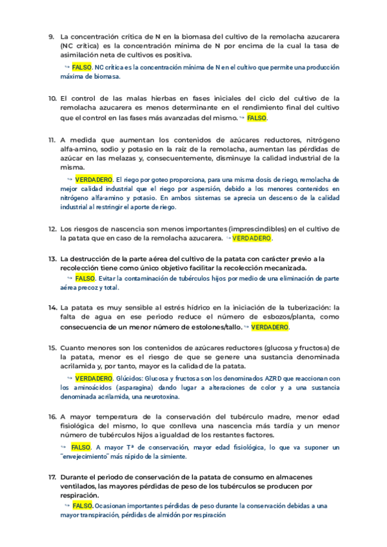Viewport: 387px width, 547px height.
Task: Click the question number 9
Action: [x=51, y=36]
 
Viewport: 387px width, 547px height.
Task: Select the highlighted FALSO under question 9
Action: [x=82, y=66]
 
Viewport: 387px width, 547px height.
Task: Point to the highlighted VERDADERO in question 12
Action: [x=252, y=238]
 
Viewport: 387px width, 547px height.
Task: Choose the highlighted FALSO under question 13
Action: [x=85, y=278]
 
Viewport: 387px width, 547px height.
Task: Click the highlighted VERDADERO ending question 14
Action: [x=270, y=327]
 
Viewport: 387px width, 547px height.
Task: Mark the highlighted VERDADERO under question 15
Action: [x=94, y=377]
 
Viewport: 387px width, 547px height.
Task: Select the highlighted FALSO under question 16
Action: [x=81, y=446]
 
